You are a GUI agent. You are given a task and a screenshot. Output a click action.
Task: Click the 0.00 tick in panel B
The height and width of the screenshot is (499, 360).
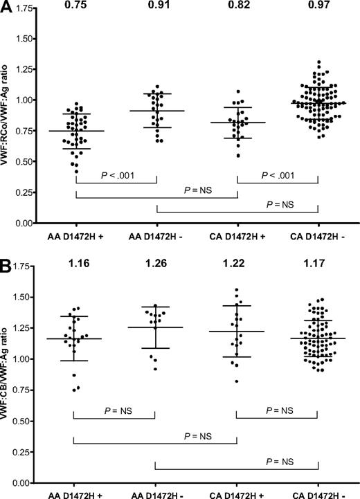pyautogui.click(x=25, y=482)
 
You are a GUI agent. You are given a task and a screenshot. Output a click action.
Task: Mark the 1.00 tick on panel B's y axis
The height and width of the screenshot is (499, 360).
pyautogui.click(x=25, y=359)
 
